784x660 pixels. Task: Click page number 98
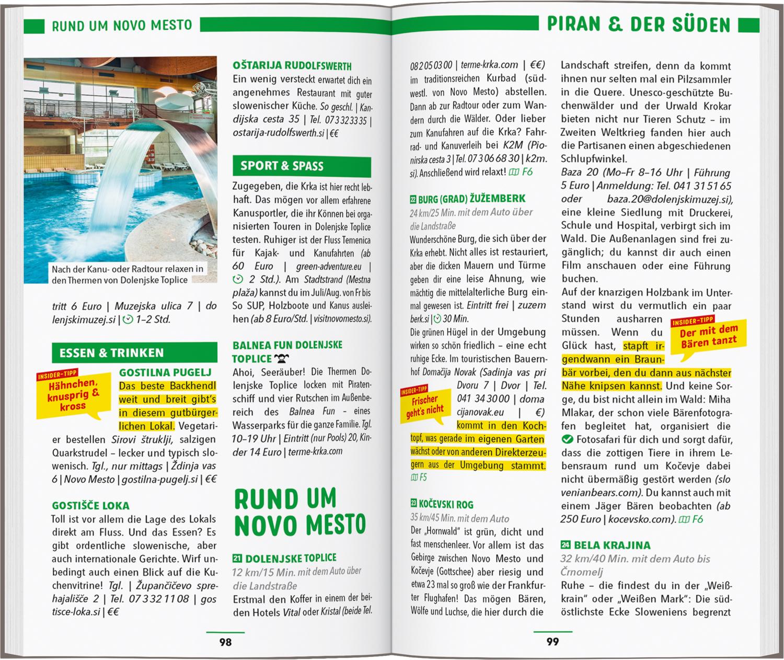[225, 642]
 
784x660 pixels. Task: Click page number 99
[552, 642]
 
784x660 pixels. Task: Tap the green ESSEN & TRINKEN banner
[134, 353]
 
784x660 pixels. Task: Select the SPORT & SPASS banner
[302, 166]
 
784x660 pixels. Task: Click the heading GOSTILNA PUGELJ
[165, 372]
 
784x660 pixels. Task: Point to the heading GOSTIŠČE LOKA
[90, 506]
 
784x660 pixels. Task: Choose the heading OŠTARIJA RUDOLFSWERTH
[292, 66]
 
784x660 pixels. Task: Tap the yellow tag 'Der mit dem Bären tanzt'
[708, 336]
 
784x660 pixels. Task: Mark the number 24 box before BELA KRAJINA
[565, 545]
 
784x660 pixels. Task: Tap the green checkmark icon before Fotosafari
[567, 439]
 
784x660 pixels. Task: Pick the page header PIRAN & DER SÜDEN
[638, 25]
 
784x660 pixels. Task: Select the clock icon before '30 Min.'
[437, 318]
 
